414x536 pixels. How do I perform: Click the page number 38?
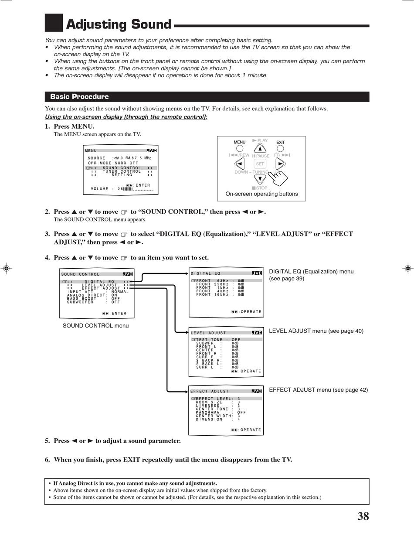(x=363, y=516)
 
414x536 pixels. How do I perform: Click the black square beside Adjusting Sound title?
(x=54, y=23)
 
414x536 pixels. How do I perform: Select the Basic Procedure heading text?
(x=79, y=96)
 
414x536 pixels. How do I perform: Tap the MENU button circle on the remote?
(x=240, y=149)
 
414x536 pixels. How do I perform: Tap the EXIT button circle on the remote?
(x=280, y=149)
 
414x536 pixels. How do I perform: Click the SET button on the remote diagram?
(x=260, y=164)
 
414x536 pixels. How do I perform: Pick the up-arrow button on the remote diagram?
(x=260, y=149)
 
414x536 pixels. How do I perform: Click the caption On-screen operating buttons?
(x=261, y=194)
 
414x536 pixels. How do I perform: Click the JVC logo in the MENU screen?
(x=151, y=150)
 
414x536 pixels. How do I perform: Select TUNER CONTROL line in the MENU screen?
(x=122, y=171)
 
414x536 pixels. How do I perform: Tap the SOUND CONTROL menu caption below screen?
(x=95, y=325)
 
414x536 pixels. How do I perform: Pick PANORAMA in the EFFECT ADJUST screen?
(x=208, y=412)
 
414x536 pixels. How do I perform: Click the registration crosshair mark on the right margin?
(x=407, y=268)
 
